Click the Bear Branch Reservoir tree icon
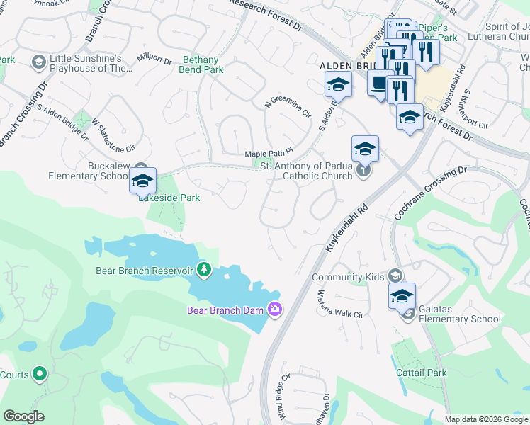204,269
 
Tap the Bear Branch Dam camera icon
274,309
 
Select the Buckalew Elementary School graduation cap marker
142,181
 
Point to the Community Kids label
346,277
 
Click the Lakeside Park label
169,198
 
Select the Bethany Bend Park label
203,65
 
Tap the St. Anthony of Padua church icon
363,170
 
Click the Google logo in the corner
23,416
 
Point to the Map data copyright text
485,419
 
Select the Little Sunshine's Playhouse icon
38,63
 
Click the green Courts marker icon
40,373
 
